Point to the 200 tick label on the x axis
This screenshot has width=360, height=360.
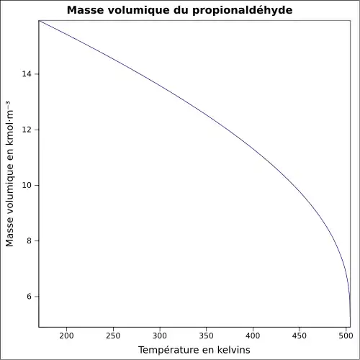click(x=66, y=335)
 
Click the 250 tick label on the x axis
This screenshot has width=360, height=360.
click(x=113, y=335)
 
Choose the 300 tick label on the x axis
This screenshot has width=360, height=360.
click(x=160, y=335)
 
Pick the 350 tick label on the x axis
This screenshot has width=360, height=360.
click(x=206, y=335)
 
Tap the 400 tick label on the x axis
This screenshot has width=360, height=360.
click(x=253, y=335)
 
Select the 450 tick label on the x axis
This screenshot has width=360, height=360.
click(x=300, y=335)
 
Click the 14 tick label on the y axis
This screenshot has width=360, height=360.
click(x=26, y=74)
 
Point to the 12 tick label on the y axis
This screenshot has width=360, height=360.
click(x=26, y=130)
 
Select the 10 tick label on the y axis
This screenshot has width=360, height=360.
click(x=26, y=185)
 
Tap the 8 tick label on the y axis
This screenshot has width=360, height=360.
click(x=29, y=240)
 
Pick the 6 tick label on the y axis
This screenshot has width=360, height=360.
click(x=29, y=297)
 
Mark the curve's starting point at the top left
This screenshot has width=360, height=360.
click(x=39, y=21)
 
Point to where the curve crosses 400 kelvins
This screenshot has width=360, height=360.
click(x=253, y=148)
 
